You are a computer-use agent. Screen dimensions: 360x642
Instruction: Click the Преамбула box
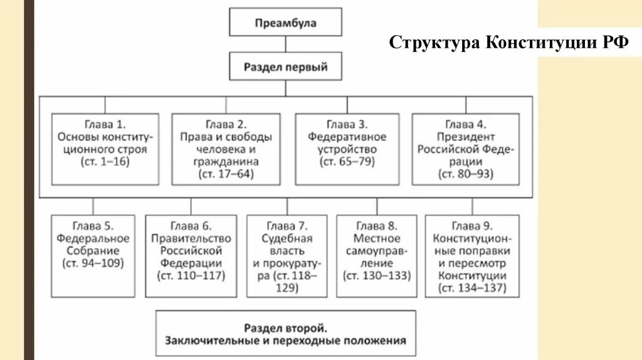(x=286, y=23)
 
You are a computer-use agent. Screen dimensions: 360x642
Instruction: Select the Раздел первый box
(x=286, y=66)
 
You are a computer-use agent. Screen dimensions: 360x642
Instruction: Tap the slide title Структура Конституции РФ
(x=509, y=43)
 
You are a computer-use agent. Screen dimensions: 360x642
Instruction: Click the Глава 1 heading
(x=105, y=124)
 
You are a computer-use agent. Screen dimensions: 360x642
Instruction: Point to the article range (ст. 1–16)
(x=105, y=162)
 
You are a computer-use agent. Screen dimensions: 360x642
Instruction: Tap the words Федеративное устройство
(x=347, y=143)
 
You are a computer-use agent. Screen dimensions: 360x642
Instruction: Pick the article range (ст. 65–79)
(x=347, y=162)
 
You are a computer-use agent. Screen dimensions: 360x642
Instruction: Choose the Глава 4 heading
(x=466, y=124)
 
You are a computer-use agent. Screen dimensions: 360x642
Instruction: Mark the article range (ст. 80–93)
(x=466, y=175)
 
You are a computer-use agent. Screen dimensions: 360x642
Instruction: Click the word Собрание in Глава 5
(x=93, y=250)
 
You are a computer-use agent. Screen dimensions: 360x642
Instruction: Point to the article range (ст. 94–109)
(x=93, y=263)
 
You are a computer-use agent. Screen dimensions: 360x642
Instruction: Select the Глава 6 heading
(x=191, y=226)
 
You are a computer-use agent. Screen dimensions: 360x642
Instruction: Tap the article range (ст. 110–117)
(x=191, y=275)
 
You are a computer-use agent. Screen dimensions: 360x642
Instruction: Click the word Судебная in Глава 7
(x=287, y=238)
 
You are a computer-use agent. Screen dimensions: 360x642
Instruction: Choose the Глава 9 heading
(x=472, y=226)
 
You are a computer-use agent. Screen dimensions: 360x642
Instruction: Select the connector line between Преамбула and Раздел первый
(x=286, y=44)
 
